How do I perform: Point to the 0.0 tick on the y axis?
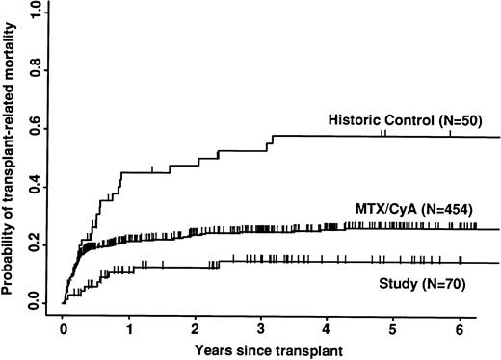click(x=38, y=303)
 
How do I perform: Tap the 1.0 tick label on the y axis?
click(x=38, y=11)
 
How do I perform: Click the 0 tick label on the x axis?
click(x=63, y=327)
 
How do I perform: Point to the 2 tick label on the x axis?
click(x=195, y=327)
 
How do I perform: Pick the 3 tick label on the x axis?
click(x=261, y=327)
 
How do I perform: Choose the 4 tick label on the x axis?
click(x=327, y=327)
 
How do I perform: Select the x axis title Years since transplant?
click(x=262, y=348)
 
